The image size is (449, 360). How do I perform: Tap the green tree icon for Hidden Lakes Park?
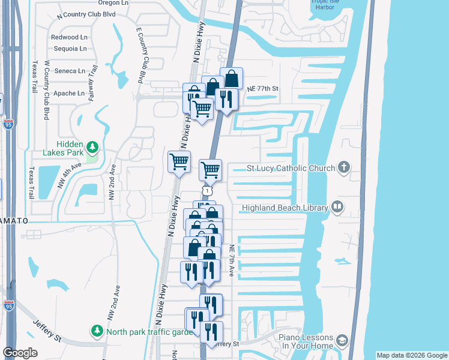point(92,147)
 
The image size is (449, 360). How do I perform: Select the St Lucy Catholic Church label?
point(291,168)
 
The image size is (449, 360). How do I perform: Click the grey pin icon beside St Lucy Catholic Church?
point(343,167)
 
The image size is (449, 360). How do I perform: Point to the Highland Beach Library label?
point(284,208)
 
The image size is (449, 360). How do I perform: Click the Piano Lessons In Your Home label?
point(305,341)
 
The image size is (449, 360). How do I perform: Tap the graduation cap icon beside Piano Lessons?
point(342,341)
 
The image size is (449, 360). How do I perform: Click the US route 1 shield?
point(206,190)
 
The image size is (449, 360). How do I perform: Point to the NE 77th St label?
point(264,89)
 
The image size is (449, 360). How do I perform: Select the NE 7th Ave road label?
point(231,260)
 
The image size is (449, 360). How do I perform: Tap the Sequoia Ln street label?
point(70,49)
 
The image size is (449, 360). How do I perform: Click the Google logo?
point(20,353)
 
